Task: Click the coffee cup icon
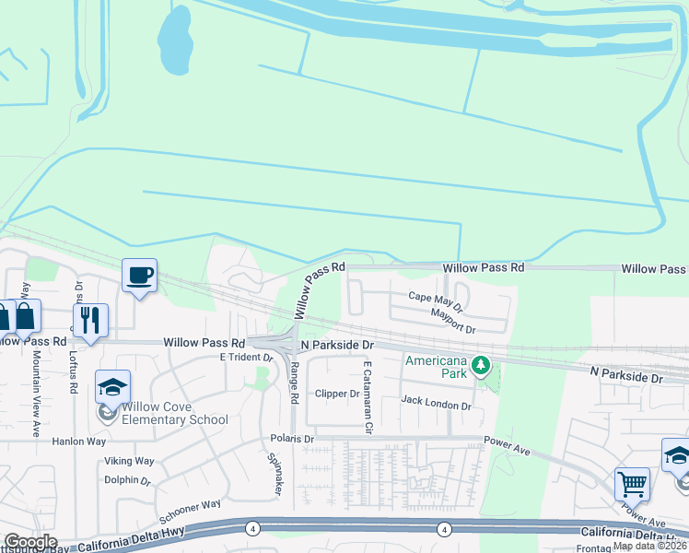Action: point(139,275)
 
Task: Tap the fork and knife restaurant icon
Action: point(90,320)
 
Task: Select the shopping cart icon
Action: point(632,483)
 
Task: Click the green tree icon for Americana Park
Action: point(480,366)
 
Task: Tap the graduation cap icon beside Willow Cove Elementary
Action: point(112,386)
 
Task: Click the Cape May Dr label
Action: point(435,299)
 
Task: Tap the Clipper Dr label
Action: point(336,394)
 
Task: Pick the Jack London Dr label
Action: point(436,403)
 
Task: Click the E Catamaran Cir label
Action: point(367,396)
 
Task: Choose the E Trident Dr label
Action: point(241,357)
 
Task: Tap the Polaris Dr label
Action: point(292,439)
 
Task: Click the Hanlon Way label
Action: point(85,441)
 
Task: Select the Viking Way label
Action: point(129,461)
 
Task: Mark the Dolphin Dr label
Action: point(127,480)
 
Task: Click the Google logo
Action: point(29,542)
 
